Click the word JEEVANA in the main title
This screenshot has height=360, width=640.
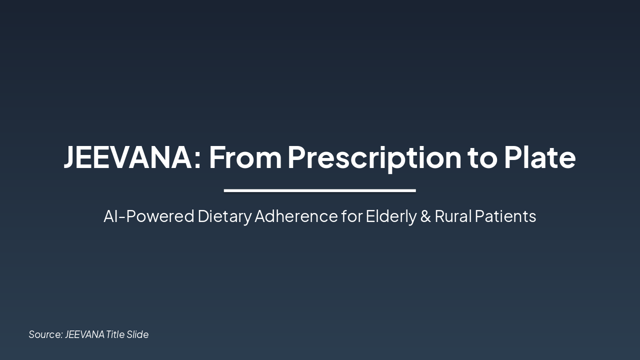click(x=127, y=157)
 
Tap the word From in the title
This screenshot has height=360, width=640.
click(x=245, y=157)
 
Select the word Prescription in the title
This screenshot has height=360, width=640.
click(x=374, y=157)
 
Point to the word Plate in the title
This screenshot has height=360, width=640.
click(x=539, y=157)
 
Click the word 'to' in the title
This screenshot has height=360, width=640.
click(x=482, y=158)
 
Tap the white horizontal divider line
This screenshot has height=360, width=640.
click(x=320, y=190)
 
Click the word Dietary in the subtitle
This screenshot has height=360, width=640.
click(x=224, y=216)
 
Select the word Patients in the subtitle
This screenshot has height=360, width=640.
click(x=505, y=216)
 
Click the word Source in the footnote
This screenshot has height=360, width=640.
click(x=45, y=334)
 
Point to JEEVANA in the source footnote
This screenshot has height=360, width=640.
click(x=84, y=334)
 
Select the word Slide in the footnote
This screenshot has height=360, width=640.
click(x=137, y=334)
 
